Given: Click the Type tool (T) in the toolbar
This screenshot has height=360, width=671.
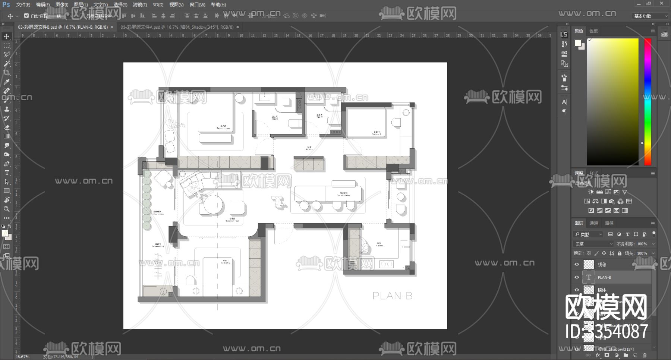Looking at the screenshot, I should (x=7, y=173).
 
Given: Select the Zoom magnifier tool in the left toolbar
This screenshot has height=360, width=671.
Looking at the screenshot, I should (x=7, y=209).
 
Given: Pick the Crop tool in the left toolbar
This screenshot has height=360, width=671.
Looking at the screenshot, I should (x=7, y=73).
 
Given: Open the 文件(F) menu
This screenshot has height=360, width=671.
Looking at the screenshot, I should (x=23, y=5).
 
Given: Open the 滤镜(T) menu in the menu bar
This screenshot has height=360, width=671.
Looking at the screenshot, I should (x=140, y=5).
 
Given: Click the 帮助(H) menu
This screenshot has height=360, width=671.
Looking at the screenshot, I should (x=218, y=5).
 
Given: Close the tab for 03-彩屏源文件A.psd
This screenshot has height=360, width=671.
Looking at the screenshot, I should (x=237, y=27).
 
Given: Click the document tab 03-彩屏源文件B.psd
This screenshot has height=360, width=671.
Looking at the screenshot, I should (x=63, y=27).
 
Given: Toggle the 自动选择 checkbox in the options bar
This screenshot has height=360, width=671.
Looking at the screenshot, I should (x=26, y=16).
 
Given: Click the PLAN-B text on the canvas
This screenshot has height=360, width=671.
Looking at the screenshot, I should (x=392, y=296).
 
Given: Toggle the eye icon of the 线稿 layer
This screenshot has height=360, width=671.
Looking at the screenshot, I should (x=577, y=264).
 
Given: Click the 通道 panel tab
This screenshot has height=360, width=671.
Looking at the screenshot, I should (x=594, y=223).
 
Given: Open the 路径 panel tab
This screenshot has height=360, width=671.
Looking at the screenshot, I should (x=609, y=223).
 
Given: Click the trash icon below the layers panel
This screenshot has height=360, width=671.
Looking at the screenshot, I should (x=645, y=356).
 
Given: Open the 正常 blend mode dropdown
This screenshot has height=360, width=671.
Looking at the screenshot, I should (x=593, y=244).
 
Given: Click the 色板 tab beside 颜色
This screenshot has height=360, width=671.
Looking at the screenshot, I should (x=593, y=31).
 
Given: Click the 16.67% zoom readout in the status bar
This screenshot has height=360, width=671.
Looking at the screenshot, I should (x=22, y=357).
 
